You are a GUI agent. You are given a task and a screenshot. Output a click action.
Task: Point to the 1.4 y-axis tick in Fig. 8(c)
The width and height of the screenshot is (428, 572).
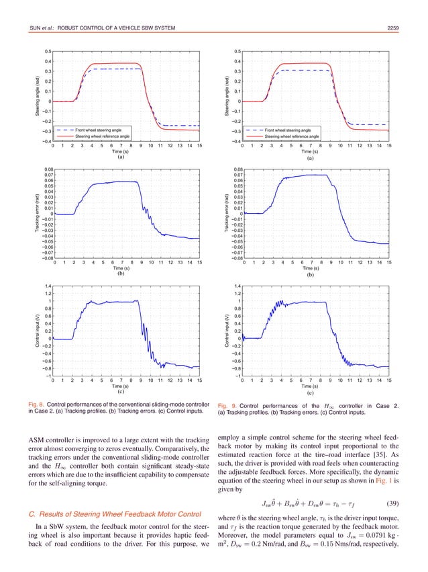[46, 286]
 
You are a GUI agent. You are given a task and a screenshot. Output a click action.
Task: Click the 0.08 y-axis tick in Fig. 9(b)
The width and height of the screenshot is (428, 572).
[236, 169]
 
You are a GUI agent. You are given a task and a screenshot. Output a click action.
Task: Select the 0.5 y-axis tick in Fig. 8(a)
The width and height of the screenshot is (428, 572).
[46, 51]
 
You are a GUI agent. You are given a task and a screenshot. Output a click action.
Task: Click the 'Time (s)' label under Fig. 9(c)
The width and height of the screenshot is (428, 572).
[310, 386]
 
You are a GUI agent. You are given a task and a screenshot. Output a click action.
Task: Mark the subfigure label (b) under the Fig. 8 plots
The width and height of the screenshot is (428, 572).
[121, 274]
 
